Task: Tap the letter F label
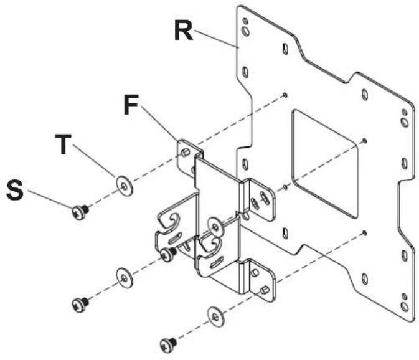tap(131, 103)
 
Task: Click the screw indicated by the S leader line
tap(80, 211)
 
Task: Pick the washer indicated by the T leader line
tap(125, 184)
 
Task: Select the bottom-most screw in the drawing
tap(167, 342)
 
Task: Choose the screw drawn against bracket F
tap(167, 253)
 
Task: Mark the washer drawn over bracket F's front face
tap(214, 224)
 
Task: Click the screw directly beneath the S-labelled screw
tap(80, 305)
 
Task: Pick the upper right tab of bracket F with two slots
tap(259, 199)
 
